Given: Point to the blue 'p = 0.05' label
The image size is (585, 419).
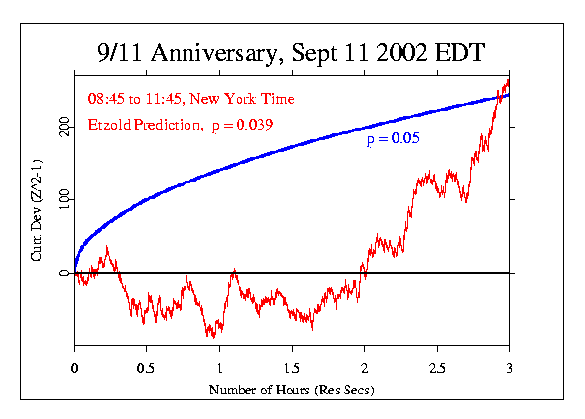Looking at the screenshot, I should click(x=393, y=140).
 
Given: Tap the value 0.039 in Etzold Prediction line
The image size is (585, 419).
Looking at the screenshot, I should click(x=253, y=125).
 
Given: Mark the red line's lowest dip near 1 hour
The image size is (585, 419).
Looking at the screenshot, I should click(x=209, y=337).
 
